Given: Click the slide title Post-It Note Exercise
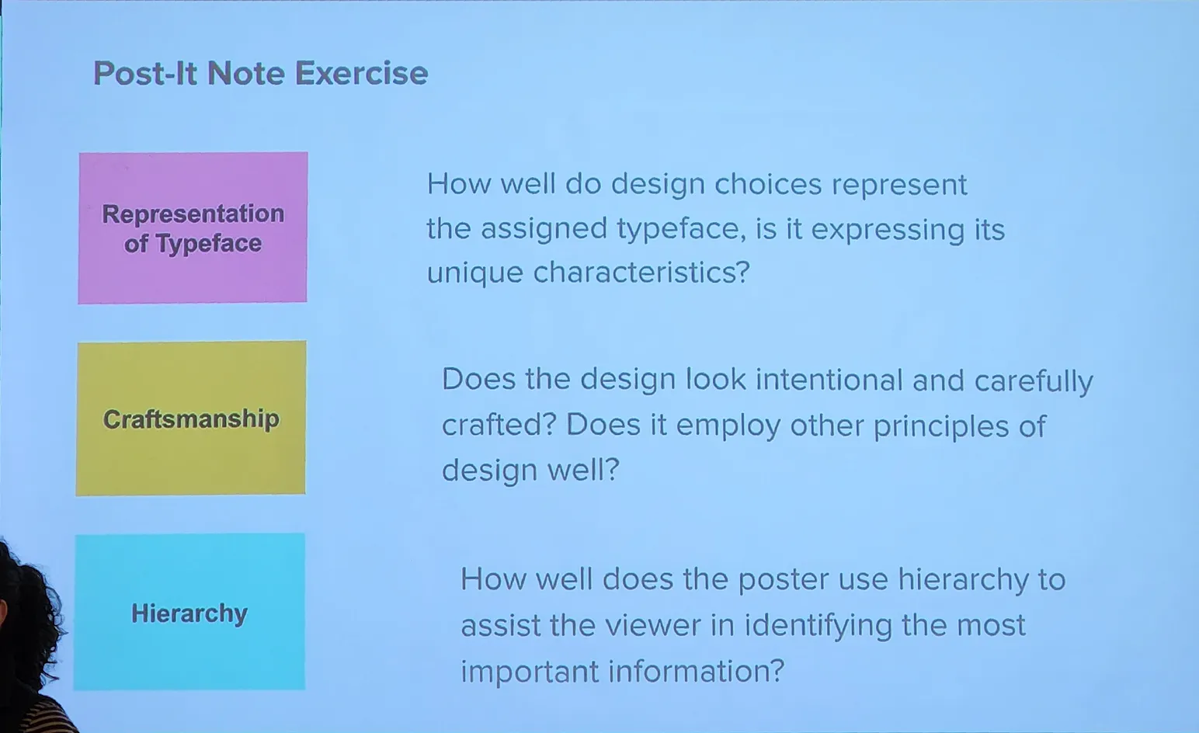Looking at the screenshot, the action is pos(261,73).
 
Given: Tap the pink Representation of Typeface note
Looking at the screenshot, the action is pos(193,228).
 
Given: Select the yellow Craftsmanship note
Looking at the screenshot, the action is pos(191,419).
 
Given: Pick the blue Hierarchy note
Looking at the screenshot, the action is pos(189,612).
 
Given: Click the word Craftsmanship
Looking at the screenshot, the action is pos(191,419).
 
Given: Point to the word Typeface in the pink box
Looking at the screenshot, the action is pos(209,244).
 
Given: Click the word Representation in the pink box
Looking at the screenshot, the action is pos(193,214).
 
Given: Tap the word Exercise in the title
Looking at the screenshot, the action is pos(362,73).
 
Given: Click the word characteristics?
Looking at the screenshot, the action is pos(641,273).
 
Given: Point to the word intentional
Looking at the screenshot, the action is pos(829,380).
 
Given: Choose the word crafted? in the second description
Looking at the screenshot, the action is pos(499,425).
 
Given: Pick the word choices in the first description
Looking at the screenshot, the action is pos(768,185).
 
